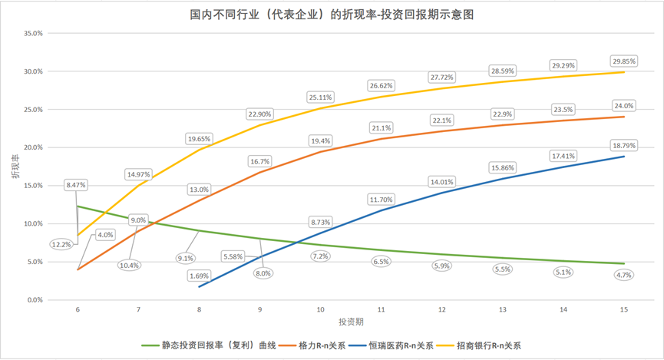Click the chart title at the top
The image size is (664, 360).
[332, 14]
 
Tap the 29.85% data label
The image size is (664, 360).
[623, 61]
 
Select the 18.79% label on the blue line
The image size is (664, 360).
[623, 144]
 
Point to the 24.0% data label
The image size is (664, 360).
[623, 105]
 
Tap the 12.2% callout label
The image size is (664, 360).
[62, 244]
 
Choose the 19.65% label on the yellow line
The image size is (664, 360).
[200, 138]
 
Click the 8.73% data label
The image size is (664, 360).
[320, 222]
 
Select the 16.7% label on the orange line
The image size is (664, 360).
[260, 162]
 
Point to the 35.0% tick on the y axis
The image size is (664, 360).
[32, 34]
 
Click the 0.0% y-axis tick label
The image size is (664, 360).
[35, 300]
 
